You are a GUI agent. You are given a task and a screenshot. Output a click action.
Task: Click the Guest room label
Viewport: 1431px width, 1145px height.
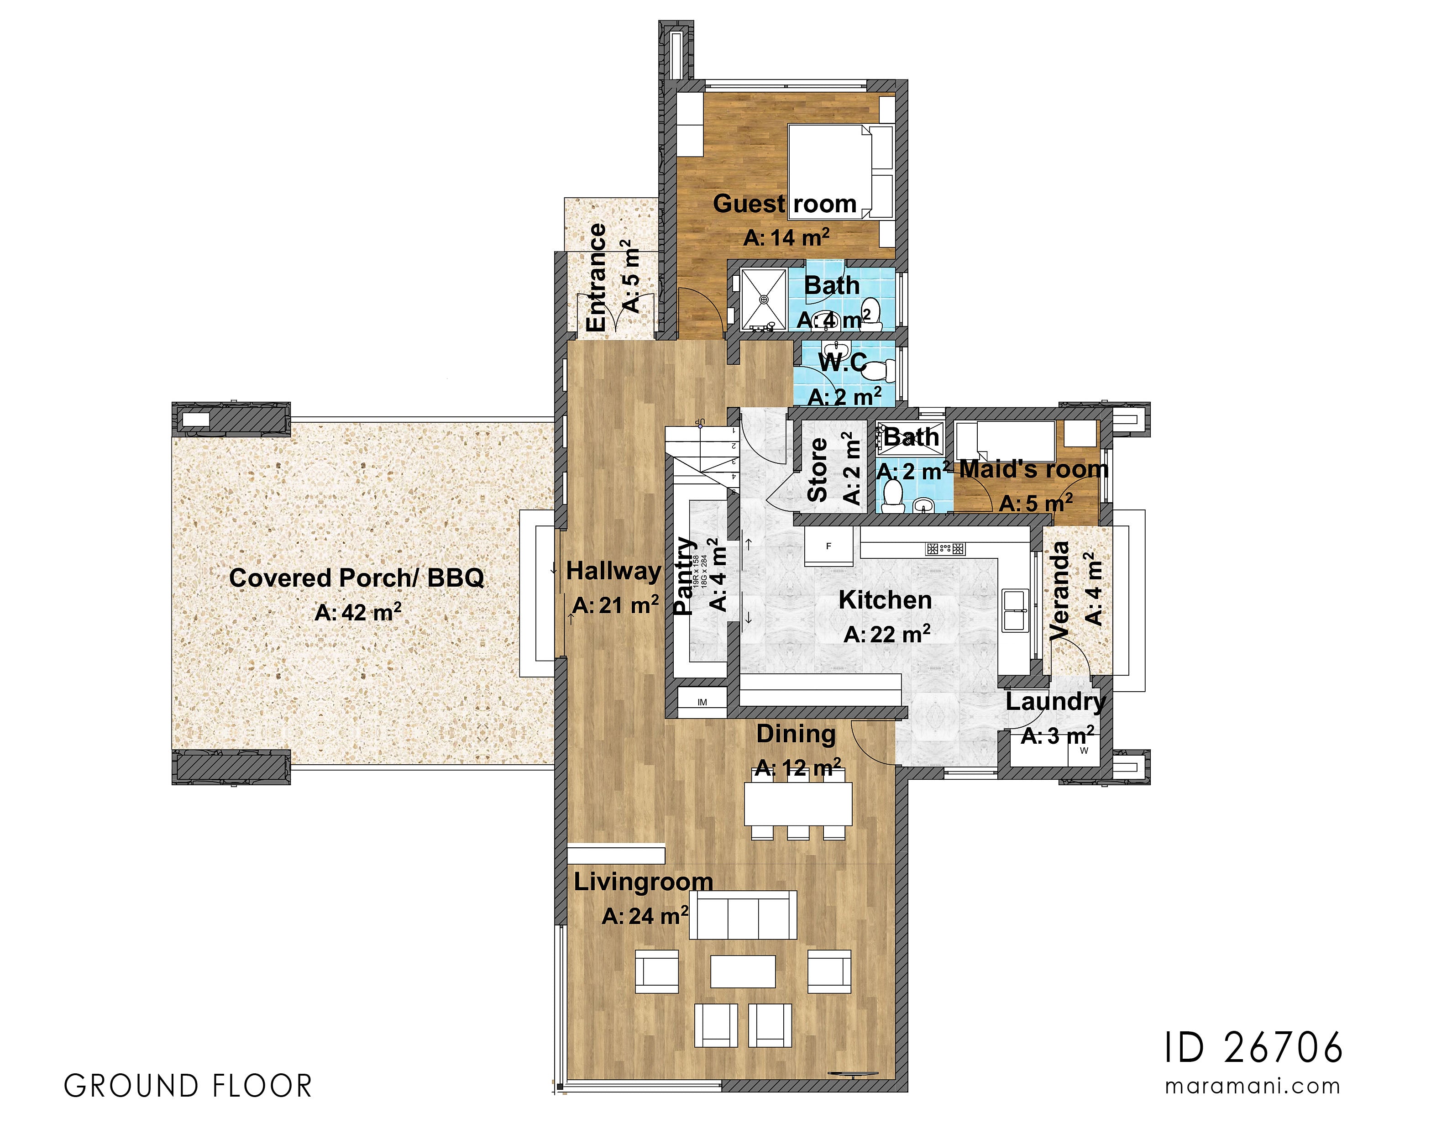[785, 204]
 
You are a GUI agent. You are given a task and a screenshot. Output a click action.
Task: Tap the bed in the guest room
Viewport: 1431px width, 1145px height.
[839, 171]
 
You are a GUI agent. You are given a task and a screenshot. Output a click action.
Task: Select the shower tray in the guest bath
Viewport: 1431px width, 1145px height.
[763, 299]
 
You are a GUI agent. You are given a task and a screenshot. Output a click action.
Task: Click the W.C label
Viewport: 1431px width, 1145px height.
[842, 362]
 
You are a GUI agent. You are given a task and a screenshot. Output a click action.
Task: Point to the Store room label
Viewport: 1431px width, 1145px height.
[818, 469]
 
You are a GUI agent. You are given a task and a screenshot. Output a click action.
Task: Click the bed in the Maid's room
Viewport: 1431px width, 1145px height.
[1006, 441]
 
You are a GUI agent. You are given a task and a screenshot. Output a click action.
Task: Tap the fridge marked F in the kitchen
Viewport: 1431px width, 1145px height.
[828, 547]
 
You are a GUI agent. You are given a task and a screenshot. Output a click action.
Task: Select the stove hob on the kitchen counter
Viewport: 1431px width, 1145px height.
[945, 549]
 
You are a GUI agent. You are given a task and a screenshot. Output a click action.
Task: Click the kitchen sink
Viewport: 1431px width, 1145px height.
[1014, 609]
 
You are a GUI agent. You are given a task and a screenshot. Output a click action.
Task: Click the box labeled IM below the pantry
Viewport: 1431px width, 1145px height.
[702, 702]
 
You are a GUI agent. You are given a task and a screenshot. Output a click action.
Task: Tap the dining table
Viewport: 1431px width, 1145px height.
[798, 804]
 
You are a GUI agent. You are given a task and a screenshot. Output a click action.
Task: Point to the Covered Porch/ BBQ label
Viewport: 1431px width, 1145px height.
[356, 578]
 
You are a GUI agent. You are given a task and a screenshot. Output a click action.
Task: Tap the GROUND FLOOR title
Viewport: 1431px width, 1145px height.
[188, 1087]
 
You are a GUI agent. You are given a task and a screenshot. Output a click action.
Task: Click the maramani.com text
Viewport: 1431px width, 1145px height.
[1253, 1087]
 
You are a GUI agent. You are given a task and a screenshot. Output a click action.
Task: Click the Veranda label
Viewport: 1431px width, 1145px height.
[1060, 591]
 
